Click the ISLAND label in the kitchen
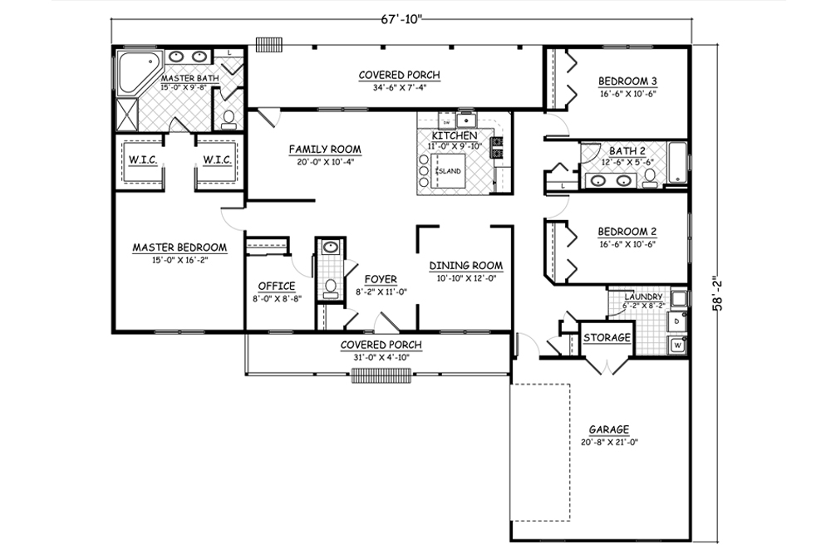click(x=449, y=171)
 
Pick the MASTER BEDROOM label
click(x=179, y=248)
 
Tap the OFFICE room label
click(x=276, y=286)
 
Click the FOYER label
click(x=380, y=279)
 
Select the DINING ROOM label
click(x=465, y=266)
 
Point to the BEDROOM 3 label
click(x=627, y=81)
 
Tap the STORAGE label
click(x=606, y=338)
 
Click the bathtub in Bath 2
click(x=677, y=164)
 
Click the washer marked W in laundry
click(x=676, y=343)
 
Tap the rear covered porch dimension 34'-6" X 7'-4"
click(x=399, y=87)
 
